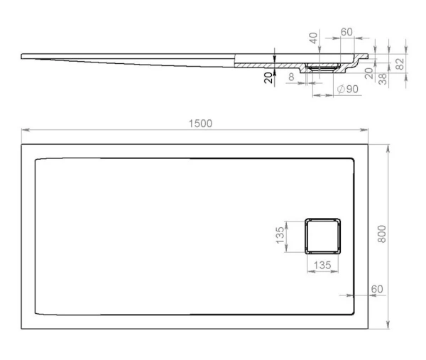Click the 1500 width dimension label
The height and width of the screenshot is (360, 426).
200,124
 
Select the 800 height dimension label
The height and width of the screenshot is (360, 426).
382,234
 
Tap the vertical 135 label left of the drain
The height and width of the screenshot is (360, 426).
280,235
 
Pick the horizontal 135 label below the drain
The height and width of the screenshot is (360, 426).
322,265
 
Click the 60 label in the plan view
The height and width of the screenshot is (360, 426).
377,289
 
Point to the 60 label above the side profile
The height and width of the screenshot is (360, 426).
346,32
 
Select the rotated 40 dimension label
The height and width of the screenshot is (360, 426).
313,38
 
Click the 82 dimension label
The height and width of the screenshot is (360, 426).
400,64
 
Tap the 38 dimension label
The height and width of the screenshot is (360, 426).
383,79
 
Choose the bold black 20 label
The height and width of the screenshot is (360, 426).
268,77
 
